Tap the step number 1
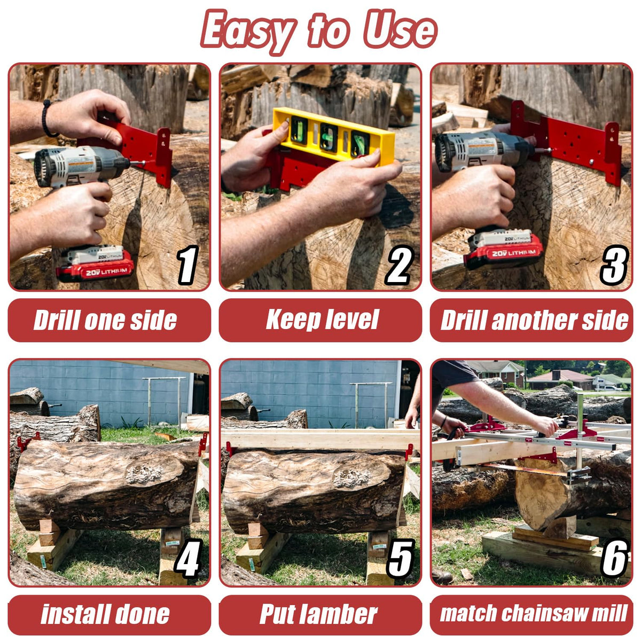(187, 265)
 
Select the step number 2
(399, 265)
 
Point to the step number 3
(614, 265)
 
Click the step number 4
(187, 558)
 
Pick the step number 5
(400, 558)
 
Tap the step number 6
(615, 558)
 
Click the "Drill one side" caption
(105, 320)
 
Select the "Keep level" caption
(322, 319)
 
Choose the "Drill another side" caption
(534, 320)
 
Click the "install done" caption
(105, 614)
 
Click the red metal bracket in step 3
(566, 140)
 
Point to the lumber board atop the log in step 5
(320, 439)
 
